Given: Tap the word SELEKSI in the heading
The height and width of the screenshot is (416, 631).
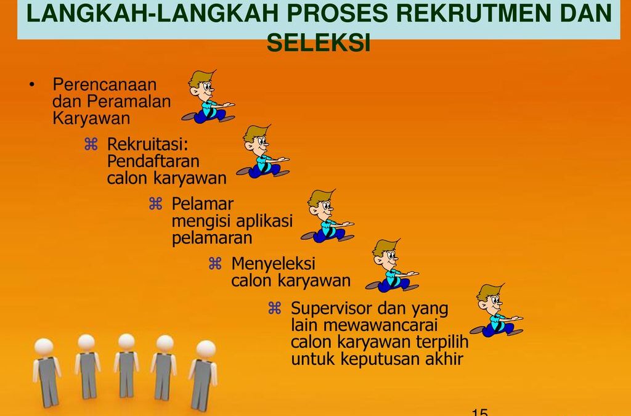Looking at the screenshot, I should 319,42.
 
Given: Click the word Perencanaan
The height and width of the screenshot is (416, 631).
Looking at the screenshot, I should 105,84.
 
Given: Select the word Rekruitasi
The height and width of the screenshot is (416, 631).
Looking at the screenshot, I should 147,144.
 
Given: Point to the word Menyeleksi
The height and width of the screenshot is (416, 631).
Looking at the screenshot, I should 273,264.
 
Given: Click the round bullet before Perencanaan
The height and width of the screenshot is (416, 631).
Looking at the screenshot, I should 33,84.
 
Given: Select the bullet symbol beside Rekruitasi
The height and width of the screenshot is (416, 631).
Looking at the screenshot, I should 91,144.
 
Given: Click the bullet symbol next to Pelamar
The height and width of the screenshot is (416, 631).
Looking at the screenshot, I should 155,203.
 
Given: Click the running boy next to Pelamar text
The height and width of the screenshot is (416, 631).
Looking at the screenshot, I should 327,216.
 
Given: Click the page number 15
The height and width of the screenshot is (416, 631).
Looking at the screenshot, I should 479,412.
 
